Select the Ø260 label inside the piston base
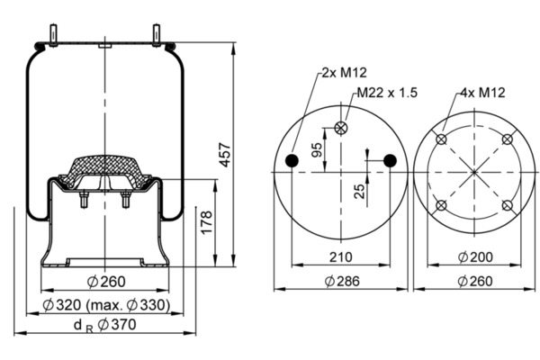105,278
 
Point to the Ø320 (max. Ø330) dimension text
106,305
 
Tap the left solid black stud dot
292,160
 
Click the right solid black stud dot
390,160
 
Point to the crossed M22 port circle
340,127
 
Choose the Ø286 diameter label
339,281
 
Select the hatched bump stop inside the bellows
106,170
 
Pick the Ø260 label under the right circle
474,281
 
